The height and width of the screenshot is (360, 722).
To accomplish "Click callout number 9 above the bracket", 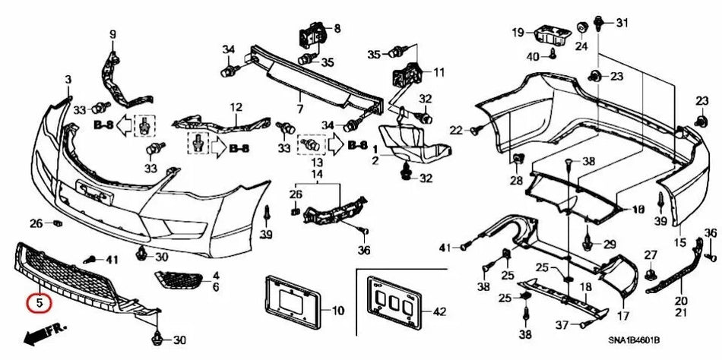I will (x=113, y=33).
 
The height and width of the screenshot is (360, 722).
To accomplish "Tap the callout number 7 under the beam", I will (x=300, y=109).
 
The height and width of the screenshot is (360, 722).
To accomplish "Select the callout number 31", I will (x=622, y=21).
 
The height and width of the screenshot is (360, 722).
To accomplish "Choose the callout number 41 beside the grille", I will (x=112, y=260).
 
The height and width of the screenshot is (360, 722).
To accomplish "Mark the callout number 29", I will (x=609, y=244).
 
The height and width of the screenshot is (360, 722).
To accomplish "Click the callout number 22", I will (x=455, y=130).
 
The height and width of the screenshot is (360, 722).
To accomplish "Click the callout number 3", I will (x=68, y=80).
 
